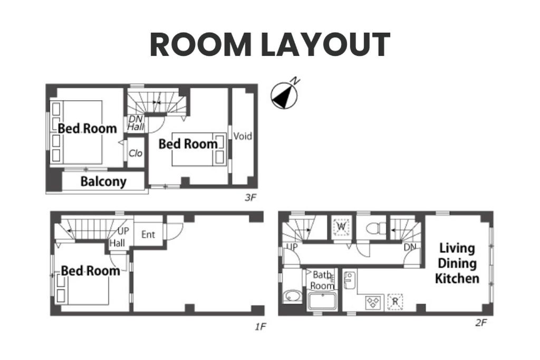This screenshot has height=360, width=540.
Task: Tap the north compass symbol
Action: point(284,95)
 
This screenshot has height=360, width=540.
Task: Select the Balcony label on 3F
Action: point(103,181)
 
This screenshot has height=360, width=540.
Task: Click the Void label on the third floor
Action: point(243,137)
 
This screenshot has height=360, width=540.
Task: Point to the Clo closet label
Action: point(136,153)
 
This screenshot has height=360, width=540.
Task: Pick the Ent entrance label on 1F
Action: point(148,235)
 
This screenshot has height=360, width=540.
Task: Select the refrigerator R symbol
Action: point(395,302)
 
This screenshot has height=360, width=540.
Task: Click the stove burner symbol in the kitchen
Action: point(374,303)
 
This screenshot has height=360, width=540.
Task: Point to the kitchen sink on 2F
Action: point(350,280)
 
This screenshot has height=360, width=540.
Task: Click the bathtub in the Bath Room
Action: point(322,301)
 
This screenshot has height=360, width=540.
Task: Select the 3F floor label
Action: point(250,198)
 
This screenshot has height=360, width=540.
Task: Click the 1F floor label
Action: point(261,326)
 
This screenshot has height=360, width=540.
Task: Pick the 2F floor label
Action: point(481,323)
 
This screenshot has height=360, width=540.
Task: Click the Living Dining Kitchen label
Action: point(457,264)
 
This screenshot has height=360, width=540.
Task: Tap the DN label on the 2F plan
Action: point(410,247)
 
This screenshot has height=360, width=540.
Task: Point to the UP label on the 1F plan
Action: point(123,231)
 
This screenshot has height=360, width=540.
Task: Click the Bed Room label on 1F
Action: point(91,271)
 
